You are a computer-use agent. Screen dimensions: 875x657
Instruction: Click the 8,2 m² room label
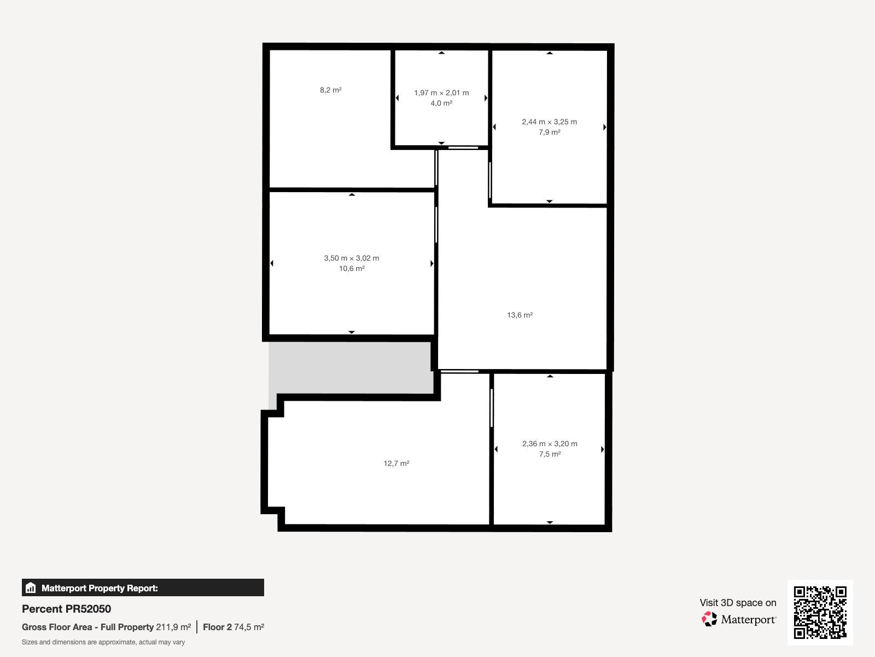pos(330,90)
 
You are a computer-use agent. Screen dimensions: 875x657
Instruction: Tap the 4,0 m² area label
pos(441,103)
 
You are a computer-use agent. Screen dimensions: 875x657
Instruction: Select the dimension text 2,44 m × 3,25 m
pos(549,122)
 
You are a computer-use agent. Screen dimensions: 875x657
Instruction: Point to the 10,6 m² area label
pos(352,268)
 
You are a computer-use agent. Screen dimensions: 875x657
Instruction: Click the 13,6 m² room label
pos(520,315)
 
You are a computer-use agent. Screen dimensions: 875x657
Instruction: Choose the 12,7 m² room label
pos(396,464)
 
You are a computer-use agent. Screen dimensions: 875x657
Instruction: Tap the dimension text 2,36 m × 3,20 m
pos(550,443)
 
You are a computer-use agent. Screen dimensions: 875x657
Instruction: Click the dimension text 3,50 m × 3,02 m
pos(352,258)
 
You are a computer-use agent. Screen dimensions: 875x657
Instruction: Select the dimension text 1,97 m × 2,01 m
pos(441,93)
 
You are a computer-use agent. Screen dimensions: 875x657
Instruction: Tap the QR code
pos(820,612)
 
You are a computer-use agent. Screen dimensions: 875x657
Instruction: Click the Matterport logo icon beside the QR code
pos(709,619)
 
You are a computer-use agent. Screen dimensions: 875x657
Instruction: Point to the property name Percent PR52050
pos(67,609)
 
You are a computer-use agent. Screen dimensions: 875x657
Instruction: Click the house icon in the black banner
pos(31,587)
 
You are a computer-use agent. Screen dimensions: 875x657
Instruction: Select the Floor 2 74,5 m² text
pos(234,627)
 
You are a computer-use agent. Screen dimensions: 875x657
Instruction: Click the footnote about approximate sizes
pos(103,642)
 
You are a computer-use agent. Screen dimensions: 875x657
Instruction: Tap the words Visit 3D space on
pos(738,603)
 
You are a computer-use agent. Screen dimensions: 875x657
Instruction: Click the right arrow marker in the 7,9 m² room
pos(604,127)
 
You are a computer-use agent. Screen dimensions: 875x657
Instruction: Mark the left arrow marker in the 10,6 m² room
pos(272,263)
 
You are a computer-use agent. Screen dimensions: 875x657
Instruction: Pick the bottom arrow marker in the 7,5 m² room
pos(550,522)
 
